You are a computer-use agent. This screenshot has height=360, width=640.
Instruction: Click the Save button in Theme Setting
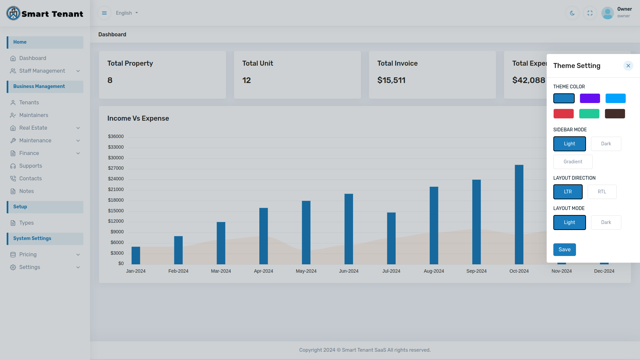click(564, 250)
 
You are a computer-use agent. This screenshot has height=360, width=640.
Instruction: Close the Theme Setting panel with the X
click(628, 66)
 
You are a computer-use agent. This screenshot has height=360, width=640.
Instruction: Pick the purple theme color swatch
click(590, 98)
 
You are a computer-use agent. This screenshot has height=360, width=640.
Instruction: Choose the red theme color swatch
click(563, 114)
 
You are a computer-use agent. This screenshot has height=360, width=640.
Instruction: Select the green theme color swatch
click(589, 114)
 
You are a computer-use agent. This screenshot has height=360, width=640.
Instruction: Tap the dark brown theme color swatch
click(615, 114)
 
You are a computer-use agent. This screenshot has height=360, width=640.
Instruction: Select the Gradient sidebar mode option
click(573, 162)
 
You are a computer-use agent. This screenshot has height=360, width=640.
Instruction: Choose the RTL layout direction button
click(602, 192)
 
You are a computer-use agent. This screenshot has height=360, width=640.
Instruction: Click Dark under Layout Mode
click(606, 222)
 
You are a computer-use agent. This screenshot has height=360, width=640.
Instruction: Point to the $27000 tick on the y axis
click(116, 168)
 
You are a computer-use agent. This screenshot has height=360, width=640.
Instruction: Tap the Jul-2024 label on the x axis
click(391, 271)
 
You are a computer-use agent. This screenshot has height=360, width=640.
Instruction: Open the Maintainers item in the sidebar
click(34, 115)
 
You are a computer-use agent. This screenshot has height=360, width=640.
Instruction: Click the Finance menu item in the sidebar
click(29, 153)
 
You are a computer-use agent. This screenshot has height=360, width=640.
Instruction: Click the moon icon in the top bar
click(572, 13)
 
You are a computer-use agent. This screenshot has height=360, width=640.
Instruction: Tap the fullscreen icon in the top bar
click(590, 13)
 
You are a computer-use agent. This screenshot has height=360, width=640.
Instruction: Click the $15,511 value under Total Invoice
click(391, 80)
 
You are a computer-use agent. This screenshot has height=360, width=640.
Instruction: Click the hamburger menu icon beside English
click(104, 13)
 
